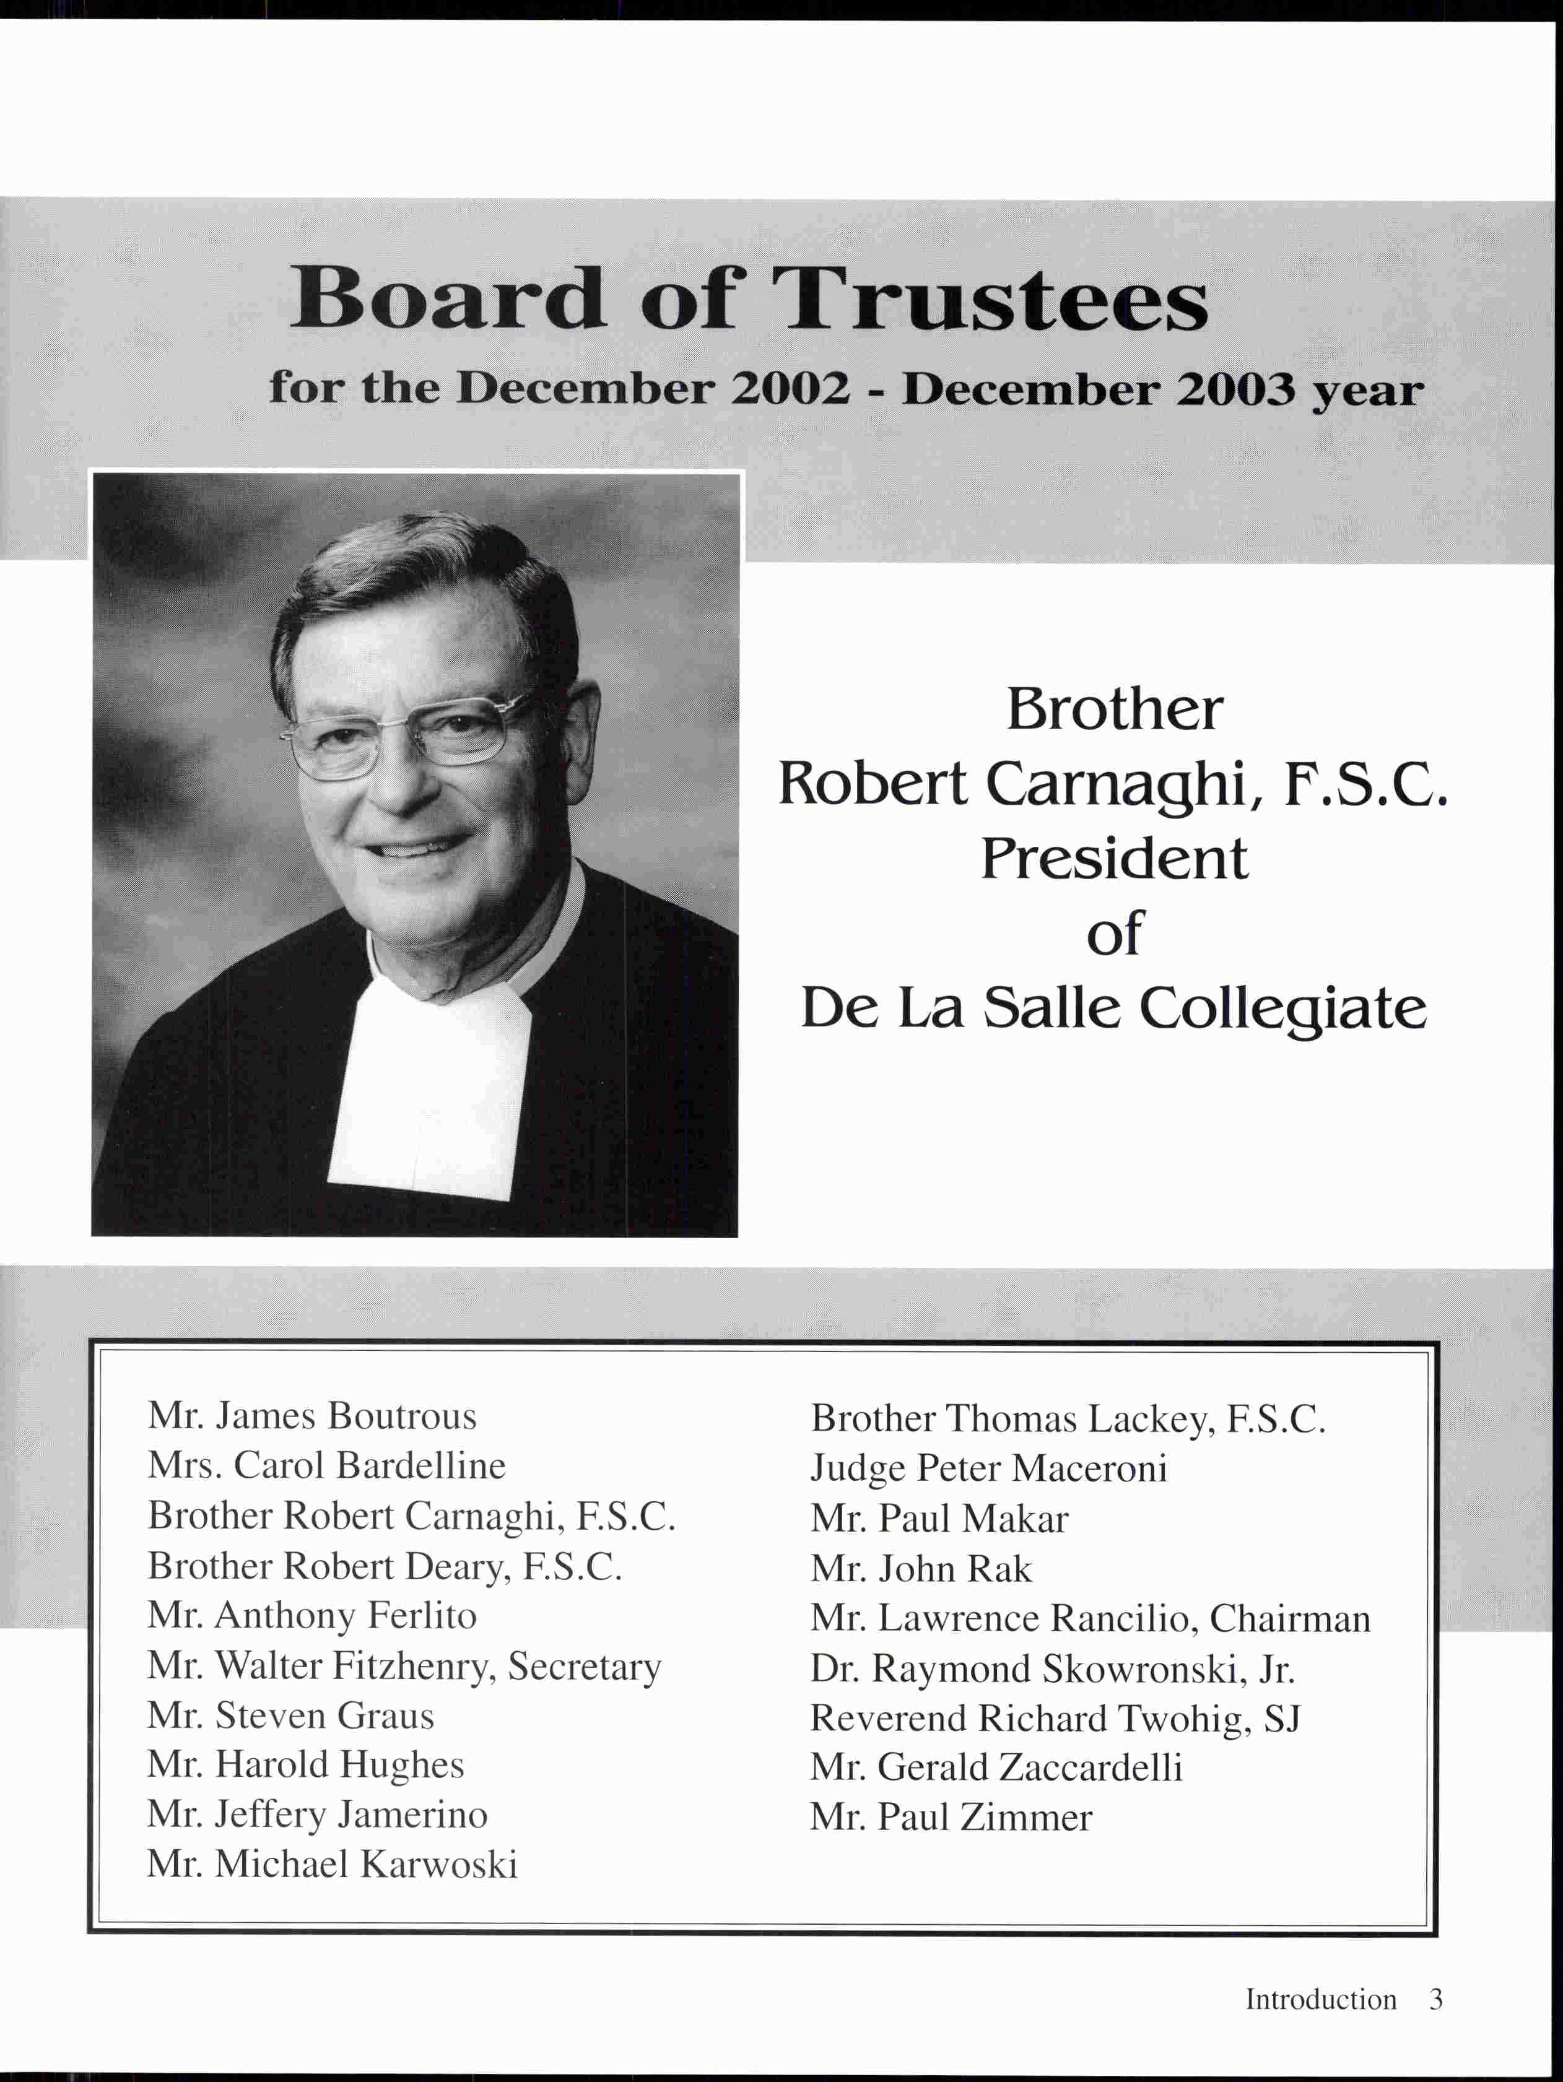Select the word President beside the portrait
coord(1114,859)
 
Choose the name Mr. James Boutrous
coord(311,1416)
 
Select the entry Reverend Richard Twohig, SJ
coord(1055,1719)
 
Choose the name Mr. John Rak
coord(921,1569)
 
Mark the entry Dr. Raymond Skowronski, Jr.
coord(1051,1669)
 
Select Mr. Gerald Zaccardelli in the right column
coord(995,1768)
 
